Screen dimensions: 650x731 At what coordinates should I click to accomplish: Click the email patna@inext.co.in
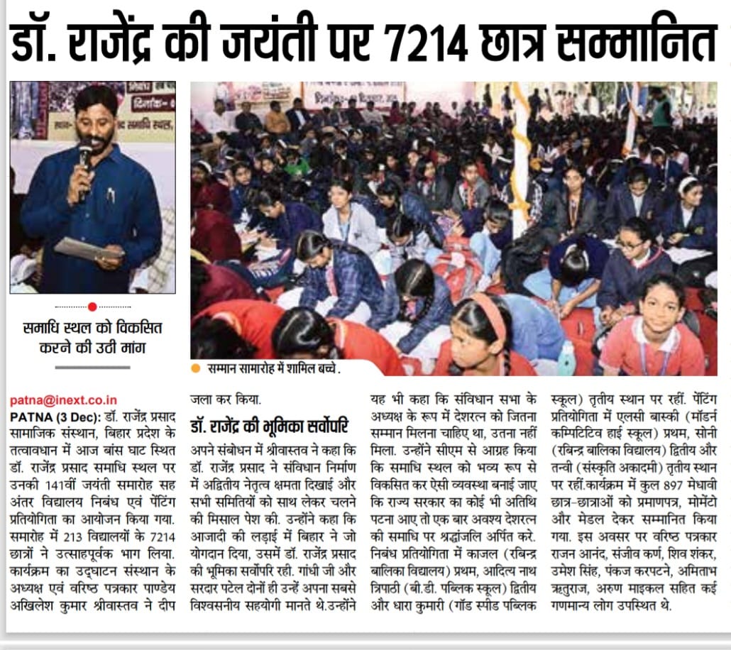pyautogui.click(x=63, y=400)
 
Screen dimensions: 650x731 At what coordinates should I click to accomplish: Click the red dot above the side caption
pyautogui.click(x=92, y=307)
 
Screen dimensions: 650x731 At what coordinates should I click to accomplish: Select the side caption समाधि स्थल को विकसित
pyautogui.click(x=92, y=329)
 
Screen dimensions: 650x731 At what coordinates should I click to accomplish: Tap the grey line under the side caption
pyautogui.click(x=92, y=367)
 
